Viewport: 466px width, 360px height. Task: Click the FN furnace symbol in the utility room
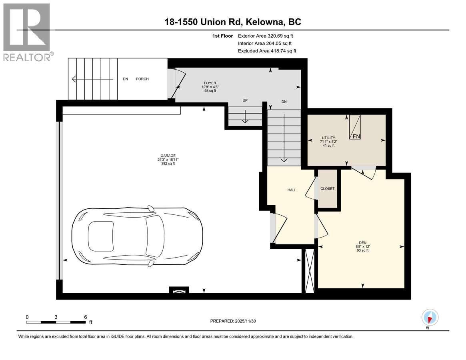(x=355, y=128)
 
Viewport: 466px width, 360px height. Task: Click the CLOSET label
(x=327, y=189)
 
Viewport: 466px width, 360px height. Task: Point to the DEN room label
(x=362, y=242)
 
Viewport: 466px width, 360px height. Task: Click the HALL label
(x=292, y=190)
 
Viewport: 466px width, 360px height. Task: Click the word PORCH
(x=142, y=79)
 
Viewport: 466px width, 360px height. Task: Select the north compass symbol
(x=430, y=318)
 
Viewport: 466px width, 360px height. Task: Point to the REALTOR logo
(x=26, y=32)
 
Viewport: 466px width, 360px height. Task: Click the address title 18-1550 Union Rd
(x=233, y=22)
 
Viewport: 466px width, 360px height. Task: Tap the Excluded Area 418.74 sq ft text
(x=267, y=51)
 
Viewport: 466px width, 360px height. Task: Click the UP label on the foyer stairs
(x=245, y=101)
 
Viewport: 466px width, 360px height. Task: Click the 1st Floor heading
(x=222, y=36)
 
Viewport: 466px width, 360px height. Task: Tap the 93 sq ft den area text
(x=362, y=250)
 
